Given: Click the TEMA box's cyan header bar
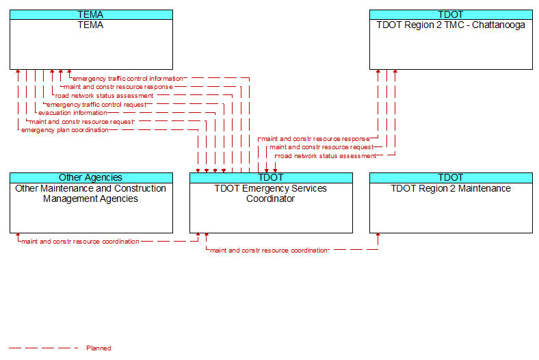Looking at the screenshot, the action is [x=91, y=14].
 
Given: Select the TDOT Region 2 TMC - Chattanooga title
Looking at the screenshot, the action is [x=451, y=25].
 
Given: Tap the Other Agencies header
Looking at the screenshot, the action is [x=91, y=177].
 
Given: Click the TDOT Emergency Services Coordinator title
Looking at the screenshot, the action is [x=271, y=194].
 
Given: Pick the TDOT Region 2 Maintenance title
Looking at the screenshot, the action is [x=451, y=188].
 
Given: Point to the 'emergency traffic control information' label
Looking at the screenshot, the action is [x=127, y=79].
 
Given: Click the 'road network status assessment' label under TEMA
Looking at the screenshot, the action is [x=104, y=96].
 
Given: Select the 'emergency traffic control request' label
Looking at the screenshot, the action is [x=96, y=105].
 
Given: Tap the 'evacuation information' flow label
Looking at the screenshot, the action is [x=73, y=113].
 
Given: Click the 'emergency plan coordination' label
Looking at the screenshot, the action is [x=64, y=130].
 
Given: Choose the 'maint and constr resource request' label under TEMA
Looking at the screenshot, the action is [x=81, y=122].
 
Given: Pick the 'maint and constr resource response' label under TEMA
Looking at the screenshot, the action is [x=118, y=87].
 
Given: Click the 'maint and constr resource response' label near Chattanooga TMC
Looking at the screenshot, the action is [x=315, y=139].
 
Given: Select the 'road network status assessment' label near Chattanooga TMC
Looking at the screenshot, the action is [x=327, y=156].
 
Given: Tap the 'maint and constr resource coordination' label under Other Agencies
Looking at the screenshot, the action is [x=80, y=242].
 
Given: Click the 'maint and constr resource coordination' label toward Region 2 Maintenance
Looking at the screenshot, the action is [x=269, y=250].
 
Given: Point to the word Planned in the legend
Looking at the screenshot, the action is [x=98, y=348].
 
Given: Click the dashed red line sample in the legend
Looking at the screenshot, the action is [x=43, y=348].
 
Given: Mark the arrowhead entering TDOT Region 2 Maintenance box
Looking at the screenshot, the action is [x=378, y=235].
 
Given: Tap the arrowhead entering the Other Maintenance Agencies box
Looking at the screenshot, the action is [x=18, y=235].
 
